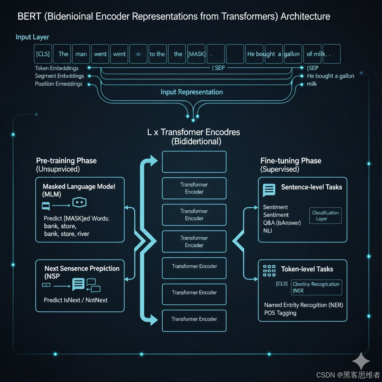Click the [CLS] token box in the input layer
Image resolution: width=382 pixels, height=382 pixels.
[43, 54]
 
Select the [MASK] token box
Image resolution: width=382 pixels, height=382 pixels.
[197, 54]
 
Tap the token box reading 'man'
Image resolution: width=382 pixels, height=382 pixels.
[81, 54]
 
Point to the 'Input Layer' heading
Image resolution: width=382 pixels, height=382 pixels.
[32, 37]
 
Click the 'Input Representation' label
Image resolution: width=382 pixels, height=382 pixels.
[192, 92]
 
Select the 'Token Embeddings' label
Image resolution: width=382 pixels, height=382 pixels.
[57, 68]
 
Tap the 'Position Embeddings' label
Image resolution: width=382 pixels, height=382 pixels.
[59, 84]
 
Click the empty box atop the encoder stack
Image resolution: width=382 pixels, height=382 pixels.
[194, 162]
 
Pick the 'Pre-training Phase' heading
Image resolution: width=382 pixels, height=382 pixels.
[66, 161]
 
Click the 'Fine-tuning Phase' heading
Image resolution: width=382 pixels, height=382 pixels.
[291, 161]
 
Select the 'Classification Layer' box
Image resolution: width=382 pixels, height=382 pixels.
[325, 216]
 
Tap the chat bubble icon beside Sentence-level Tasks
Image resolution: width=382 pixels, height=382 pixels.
[269, 190]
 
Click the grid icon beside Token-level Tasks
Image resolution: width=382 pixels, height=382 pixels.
[269, 271]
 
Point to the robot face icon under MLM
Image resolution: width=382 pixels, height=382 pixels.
[79, 203]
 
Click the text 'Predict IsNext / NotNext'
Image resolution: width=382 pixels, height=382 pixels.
[76, 300]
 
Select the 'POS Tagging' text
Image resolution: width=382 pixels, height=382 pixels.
[280, 313]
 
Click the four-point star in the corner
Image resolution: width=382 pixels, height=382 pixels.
[361, 361]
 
